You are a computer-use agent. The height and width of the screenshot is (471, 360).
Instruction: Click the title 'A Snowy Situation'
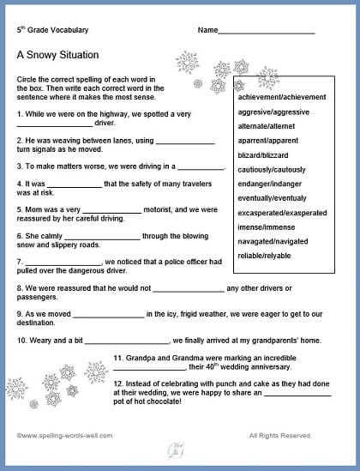click(x=57, y=55)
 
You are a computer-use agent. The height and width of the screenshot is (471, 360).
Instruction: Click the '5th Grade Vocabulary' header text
click(x=53, y=30)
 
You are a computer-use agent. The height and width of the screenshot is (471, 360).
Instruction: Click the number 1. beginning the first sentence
click(x=20, y=114)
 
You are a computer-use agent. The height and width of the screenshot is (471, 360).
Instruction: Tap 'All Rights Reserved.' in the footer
click(x=280, y=435)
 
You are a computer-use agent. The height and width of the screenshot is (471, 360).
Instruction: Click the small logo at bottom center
click(x=177, y=446)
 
